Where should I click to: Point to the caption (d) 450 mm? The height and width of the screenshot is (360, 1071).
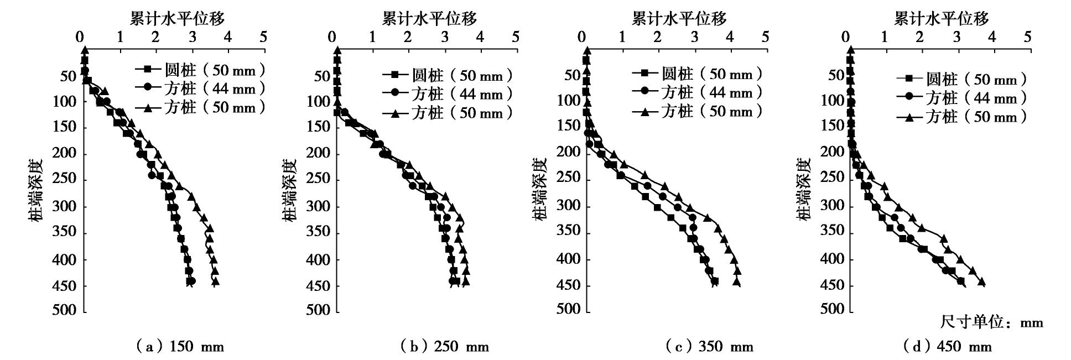click(947, 347)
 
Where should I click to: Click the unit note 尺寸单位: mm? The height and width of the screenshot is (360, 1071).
click(991, 322)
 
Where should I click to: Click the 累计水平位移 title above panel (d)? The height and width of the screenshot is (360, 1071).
click(941, 19)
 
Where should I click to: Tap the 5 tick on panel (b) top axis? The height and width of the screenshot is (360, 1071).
click(516, 37)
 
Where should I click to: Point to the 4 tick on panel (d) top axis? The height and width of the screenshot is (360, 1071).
click(991, 37)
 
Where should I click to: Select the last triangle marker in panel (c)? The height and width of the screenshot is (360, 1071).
click(736, 281)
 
